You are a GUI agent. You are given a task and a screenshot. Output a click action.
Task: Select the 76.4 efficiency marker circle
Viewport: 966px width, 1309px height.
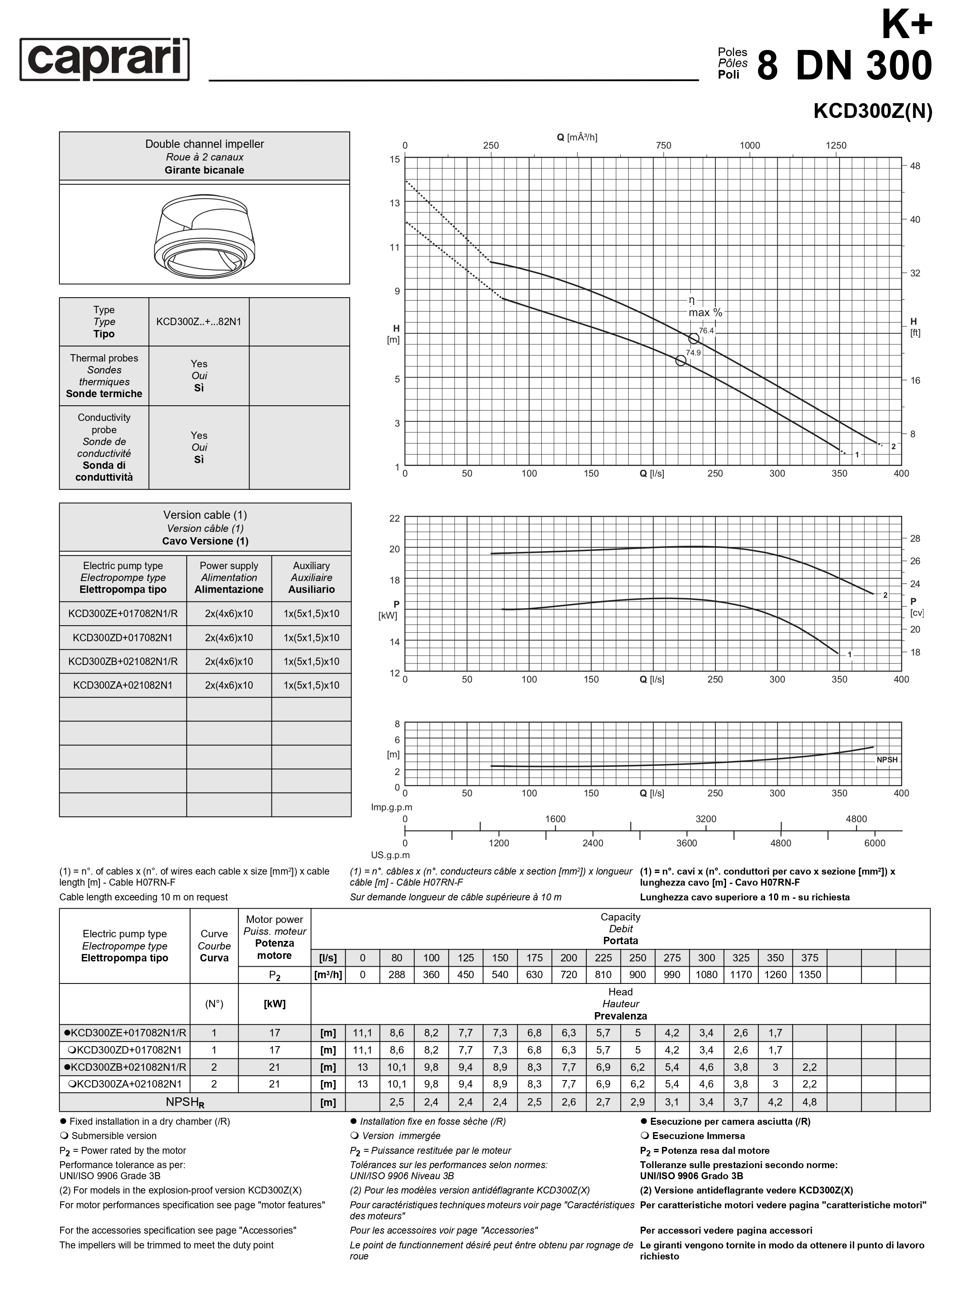coord(694,339)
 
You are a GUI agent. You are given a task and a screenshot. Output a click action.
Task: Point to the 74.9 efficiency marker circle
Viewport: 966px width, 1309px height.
coord(681,361)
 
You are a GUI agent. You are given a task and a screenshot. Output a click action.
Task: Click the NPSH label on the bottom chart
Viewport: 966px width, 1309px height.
coord(887,760)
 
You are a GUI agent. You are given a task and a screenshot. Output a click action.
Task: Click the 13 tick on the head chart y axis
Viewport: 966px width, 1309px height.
coord(395,203)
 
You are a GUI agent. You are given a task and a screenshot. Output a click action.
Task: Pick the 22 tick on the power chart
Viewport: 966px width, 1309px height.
coord(395,518)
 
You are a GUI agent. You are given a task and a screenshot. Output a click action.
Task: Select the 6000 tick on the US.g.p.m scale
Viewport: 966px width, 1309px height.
coord(874,843)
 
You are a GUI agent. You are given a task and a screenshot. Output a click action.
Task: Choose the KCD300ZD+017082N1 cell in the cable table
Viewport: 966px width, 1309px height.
coord(123,637)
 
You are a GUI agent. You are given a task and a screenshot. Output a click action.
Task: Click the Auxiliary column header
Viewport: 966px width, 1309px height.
coord(311,577)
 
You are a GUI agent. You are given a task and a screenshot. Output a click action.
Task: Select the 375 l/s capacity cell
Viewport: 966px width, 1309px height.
coord(809,958)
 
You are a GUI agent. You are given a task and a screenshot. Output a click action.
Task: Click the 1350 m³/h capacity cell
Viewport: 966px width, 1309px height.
coord(809,974)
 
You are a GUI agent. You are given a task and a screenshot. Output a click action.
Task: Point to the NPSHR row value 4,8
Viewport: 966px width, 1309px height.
coord(809,1102)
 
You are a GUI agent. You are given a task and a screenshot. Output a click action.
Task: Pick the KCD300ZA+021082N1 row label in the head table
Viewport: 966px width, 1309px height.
coord(124,1084)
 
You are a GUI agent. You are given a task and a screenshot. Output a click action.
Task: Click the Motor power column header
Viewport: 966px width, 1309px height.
coord(274,937)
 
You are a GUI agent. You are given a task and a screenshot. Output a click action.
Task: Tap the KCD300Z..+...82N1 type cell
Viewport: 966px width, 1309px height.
coord(199,321)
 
